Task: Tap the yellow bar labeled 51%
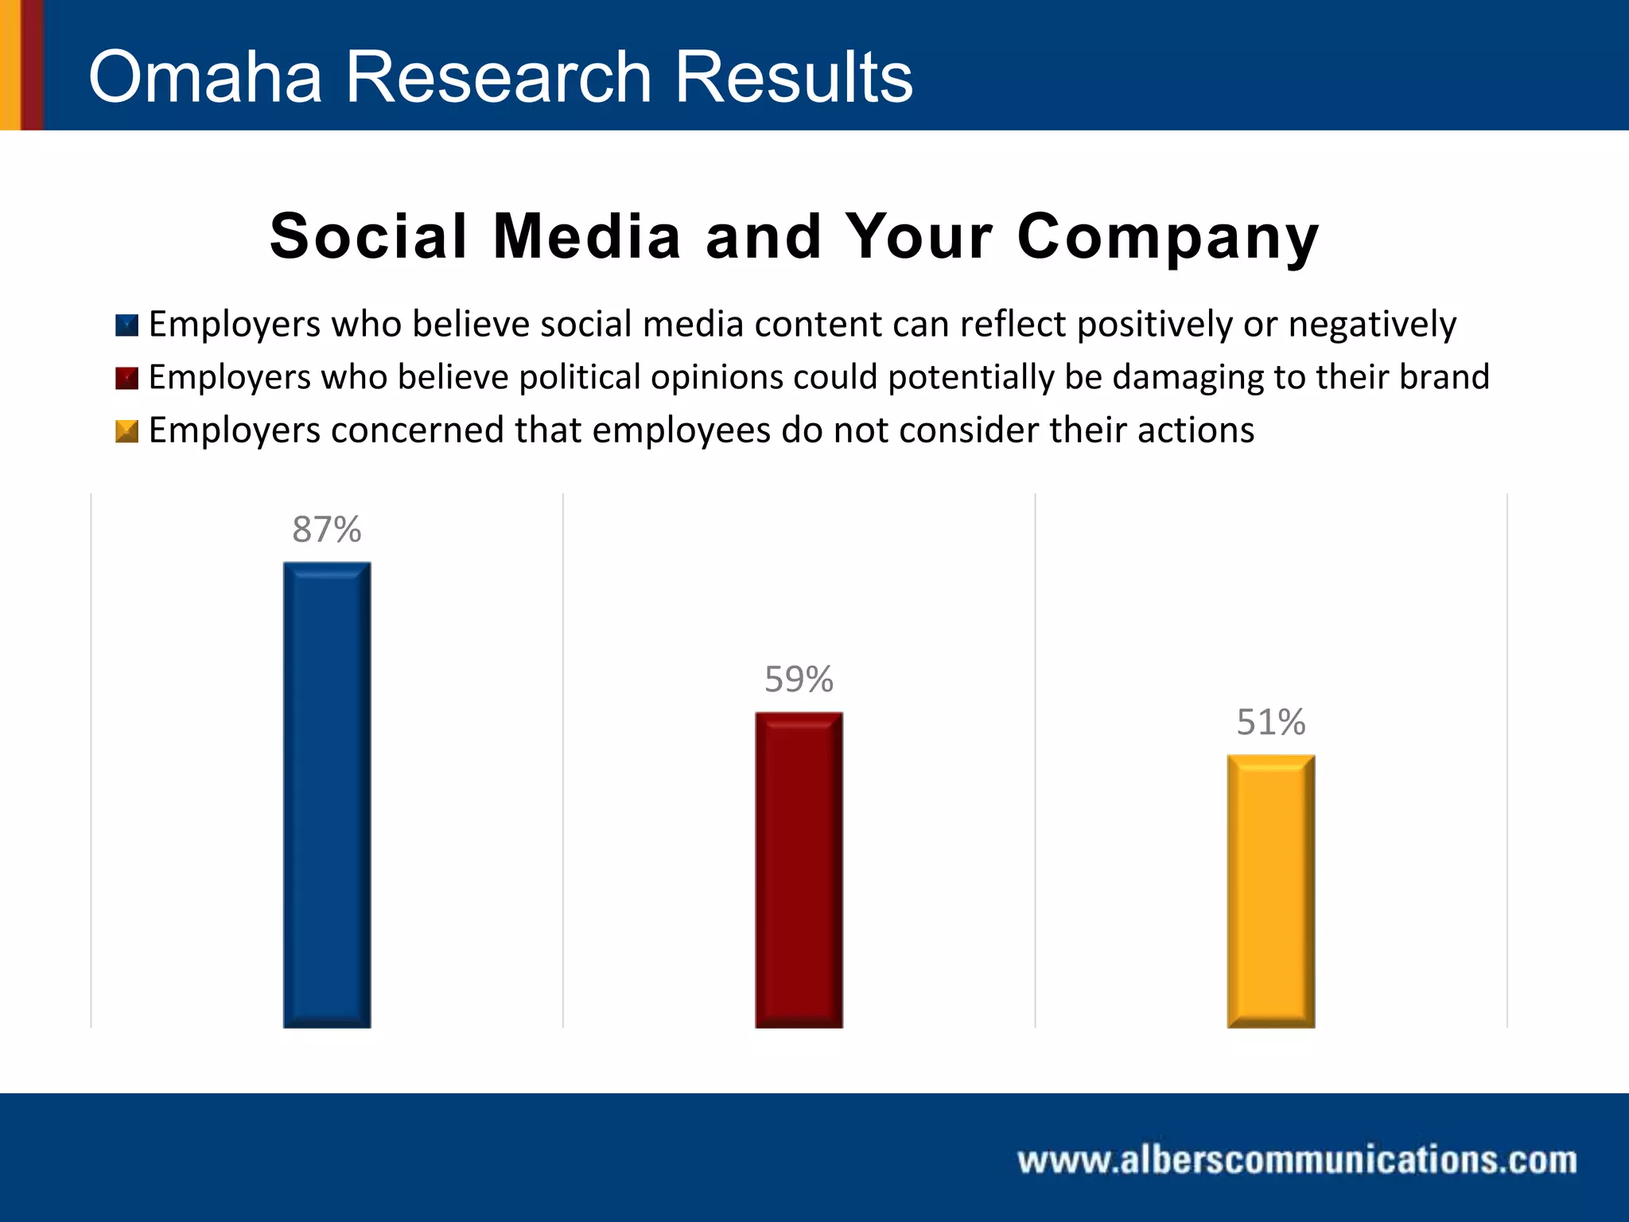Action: pyautogui.click(x=1270, y=891)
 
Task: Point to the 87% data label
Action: pyautogui.click(x=327, y=530)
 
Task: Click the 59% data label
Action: pyautogui.click(x=799, y=679)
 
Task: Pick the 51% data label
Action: pyautogui.click(x=1270, y=722)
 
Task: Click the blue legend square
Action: pyautogui.click(x=127, y=325)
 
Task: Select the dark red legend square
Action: pyautogui.click(x=127, y=378)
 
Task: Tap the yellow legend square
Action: pyautogui.click(x=127, y=431)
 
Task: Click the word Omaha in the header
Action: pyautogui.click(x=205, y=77)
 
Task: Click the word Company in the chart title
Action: pyautogui.click(x=1168, y=238)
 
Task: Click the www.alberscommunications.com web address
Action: pyautogui.click(x=1297, y=1160)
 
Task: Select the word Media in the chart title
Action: pyautogui.click(x=587, y=237)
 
